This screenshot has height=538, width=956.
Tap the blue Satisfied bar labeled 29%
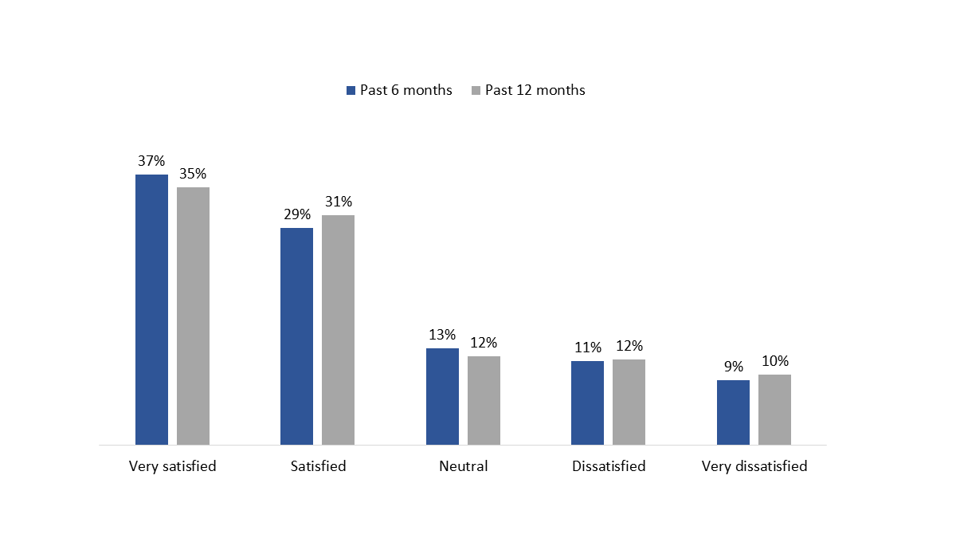tap(296, 336)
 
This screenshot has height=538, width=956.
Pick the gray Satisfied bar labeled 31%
tap(338, 329)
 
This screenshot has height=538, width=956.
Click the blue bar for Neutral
tap(442, 396)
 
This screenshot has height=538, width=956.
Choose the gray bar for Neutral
tap(484, 400)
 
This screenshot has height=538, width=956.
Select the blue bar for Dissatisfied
tap(587, 403)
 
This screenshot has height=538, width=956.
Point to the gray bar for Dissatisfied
tap(629, 402)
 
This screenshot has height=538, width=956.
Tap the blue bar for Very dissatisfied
tap(733, 412)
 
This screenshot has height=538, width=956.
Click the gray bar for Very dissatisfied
tap(774, 409)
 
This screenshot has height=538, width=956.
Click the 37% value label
tap(151, 161)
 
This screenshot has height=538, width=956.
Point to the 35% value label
tap(193, 174)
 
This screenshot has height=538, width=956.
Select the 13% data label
tap(442, 335)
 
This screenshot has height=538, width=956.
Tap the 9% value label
tap(733, 367)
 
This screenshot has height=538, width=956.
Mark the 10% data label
tap(774, 361)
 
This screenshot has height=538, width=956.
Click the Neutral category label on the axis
tap(463, 466)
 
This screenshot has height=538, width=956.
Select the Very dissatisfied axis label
tap(754, 466)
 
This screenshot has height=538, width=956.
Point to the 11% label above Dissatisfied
tap(587, 348)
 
